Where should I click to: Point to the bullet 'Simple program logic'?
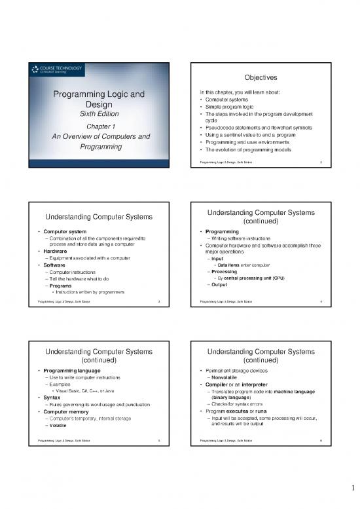click(236, 107)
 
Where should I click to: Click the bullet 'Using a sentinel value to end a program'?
click(257, 134)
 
